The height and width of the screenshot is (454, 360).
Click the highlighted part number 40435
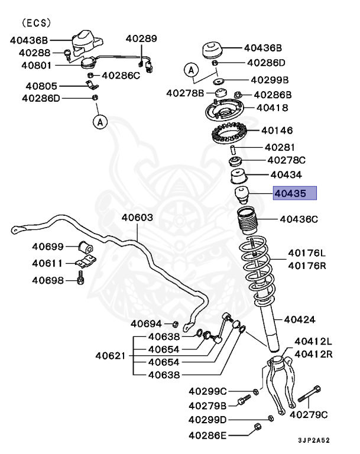pos(294,194)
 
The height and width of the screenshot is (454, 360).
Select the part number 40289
pos(141,39)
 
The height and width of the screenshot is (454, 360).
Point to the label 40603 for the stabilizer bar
pos(138,218)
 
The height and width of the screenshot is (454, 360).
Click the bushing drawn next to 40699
pos(86,245)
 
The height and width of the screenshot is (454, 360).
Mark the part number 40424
pos(300,319)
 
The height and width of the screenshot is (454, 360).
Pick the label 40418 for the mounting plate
pos(272,108)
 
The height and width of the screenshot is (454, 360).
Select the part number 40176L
pos(307,253)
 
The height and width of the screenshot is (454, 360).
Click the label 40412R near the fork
pos(313,354)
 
